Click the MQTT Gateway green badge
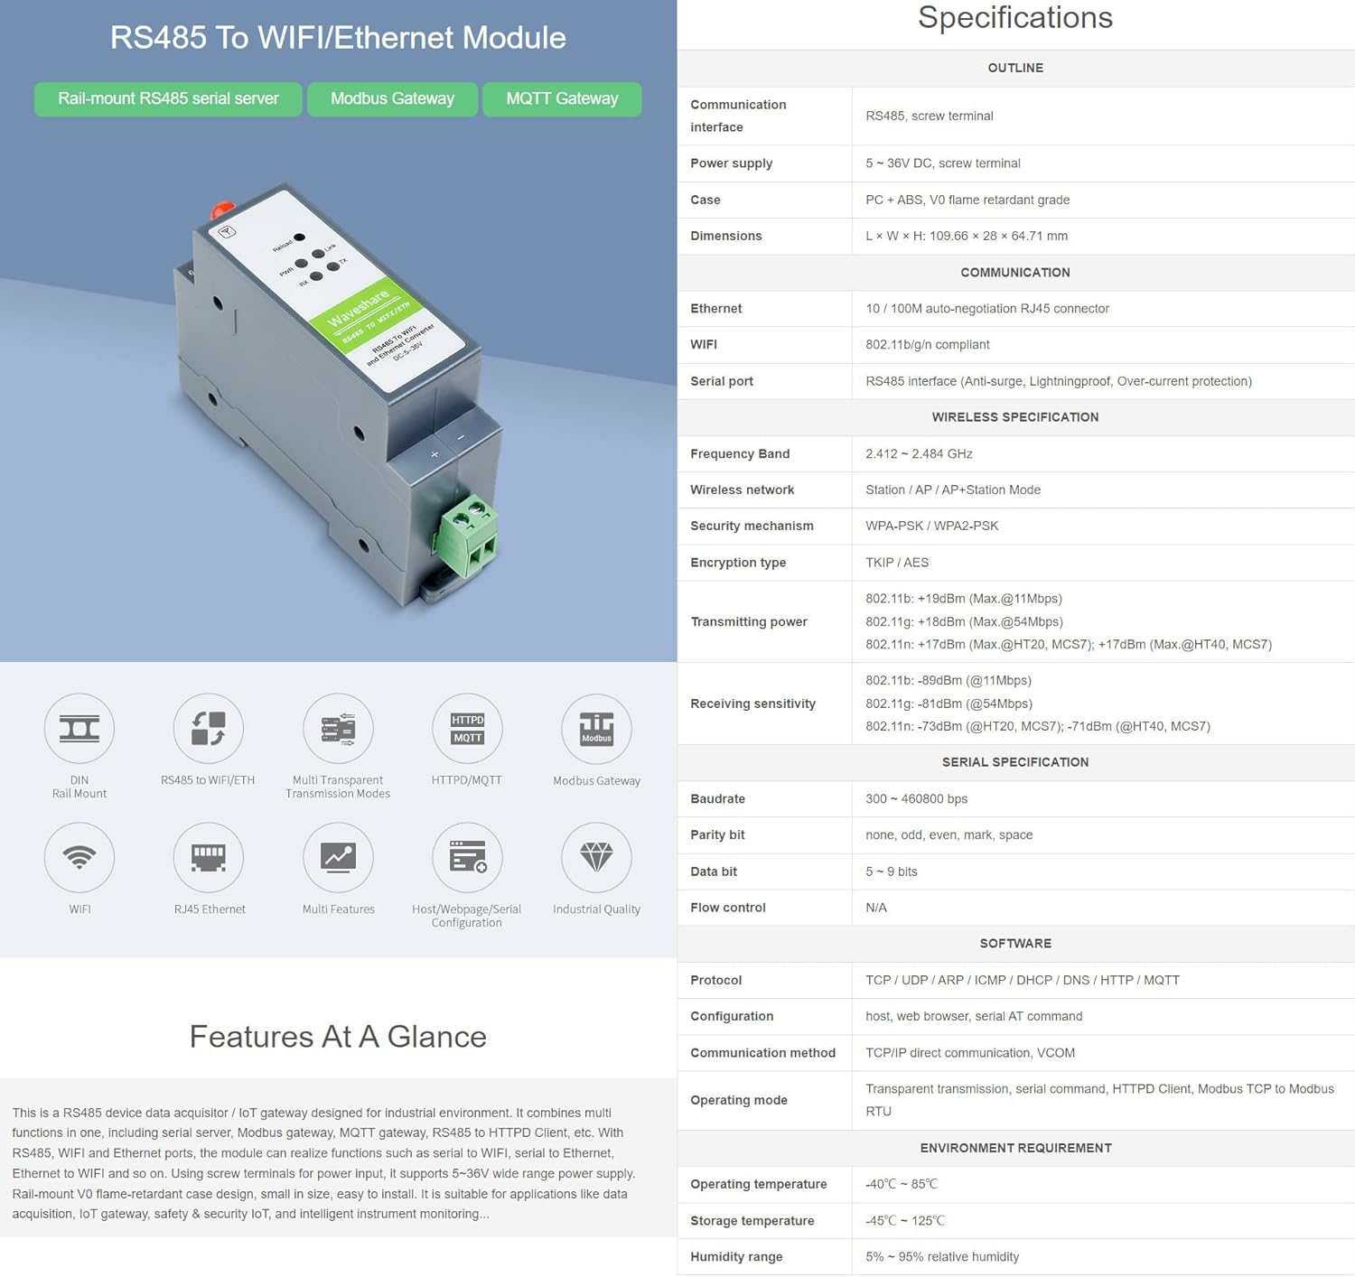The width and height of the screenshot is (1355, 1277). click(562, 98)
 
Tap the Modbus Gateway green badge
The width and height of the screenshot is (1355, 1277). click(392, 98)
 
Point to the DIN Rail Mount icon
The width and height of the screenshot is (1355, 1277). click(79, 728)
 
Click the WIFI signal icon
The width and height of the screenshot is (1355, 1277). click(79, 857)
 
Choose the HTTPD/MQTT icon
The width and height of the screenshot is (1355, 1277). click(467, 728)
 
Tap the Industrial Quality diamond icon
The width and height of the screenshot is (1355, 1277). click(596, 857)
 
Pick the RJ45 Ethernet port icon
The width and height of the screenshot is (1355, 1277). click(209, 857)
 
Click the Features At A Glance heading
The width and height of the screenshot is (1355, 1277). click(338, 1037)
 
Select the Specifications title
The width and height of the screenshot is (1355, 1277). click(1014, 18)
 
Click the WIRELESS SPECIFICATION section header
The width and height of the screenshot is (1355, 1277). click(1014, 417)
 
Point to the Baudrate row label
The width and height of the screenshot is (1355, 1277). click(718, 799)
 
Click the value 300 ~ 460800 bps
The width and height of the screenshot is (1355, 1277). click(916, 799)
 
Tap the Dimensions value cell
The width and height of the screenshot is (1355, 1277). click(966, 236)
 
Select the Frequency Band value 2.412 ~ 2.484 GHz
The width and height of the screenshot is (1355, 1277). click(919, 453)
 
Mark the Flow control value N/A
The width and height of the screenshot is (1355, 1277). click(876, 908)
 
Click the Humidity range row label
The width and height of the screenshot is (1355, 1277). click(736, 1257)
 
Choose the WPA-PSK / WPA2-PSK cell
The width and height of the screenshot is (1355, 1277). click(931, 526)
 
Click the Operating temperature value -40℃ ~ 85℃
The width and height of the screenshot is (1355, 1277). click(902, 1184)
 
